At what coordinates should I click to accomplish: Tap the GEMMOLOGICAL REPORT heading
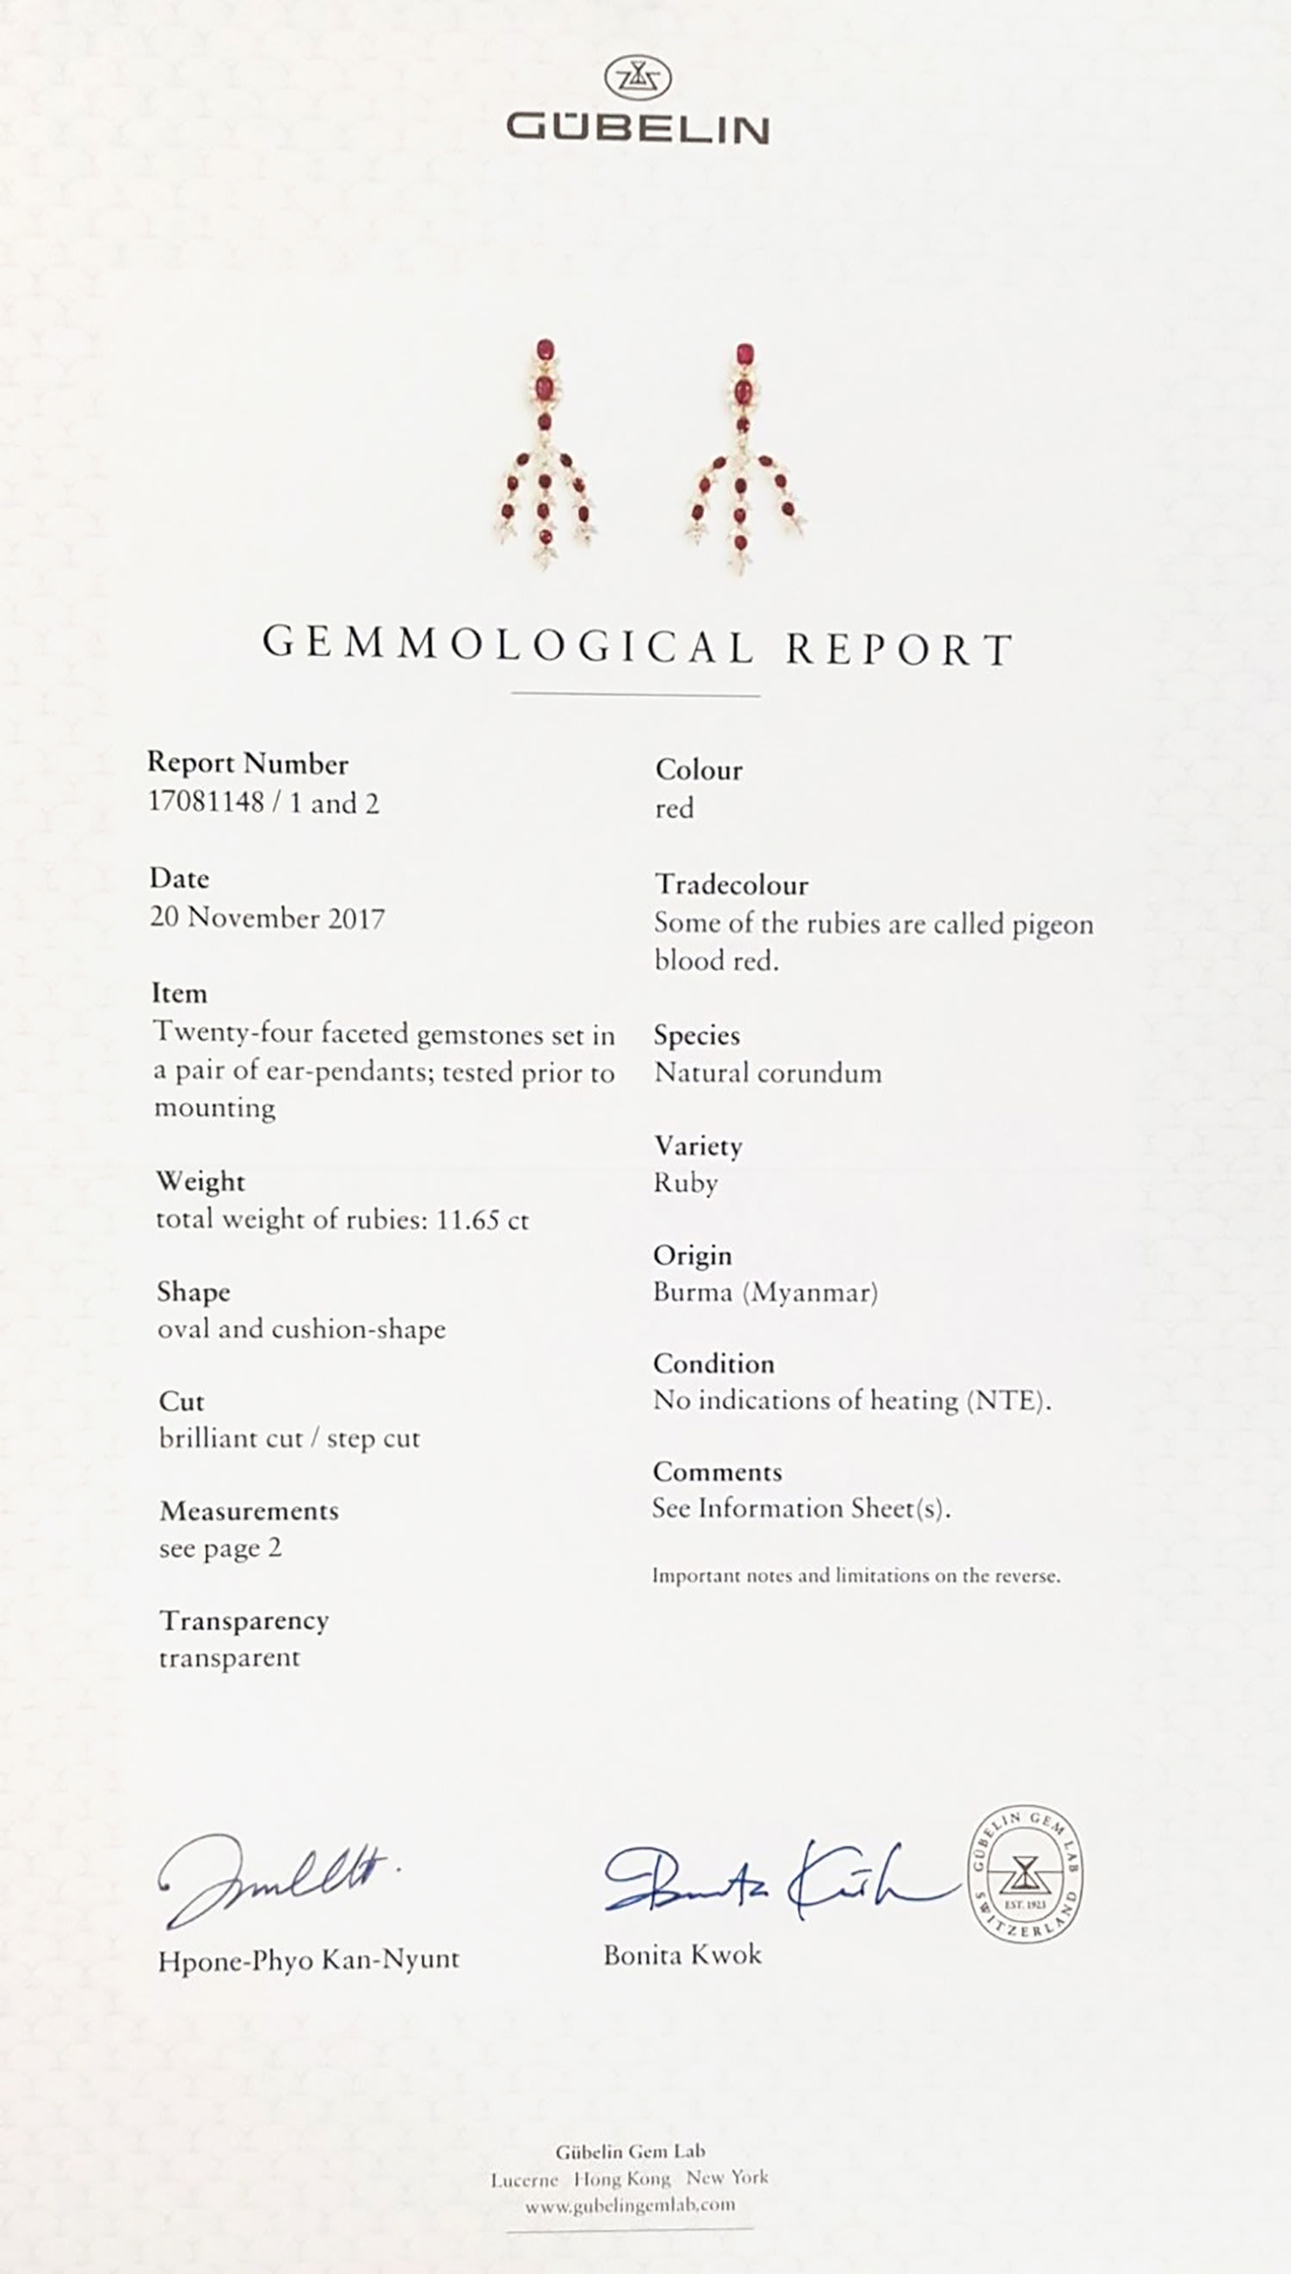click(x=638, y=646)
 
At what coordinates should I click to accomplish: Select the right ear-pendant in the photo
click(x=744, y=454)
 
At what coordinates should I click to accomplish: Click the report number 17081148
click(x=207, y=802)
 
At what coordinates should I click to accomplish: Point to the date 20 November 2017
click(x=267, y=918)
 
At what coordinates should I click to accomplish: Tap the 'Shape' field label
click(x=194, y=1292)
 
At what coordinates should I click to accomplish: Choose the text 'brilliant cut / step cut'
click(x=289, y=1438)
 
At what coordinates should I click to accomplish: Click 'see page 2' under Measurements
click(x=219, y=1548)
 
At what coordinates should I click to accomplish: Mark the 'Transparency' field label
click(x=244, y=1621)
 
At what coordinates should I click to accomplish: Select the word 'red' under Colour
click(x=674, y=809)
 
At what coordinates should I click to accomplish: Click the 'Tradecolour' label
click(x=732, y=884)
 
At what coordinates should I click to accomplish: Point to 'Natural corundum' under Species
click(x=768, y=1073)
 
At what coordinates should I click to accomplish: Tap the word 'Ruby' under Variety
click(x=685, y=1183)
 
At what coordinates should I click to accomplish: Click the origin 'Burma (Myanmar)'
click(x=765, y=1292)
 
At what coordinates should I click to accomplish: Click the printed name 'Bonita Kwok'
click(x=682, y=1954)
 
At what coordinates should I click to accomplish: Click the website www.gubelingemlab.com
click(x=629, y=2205)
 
